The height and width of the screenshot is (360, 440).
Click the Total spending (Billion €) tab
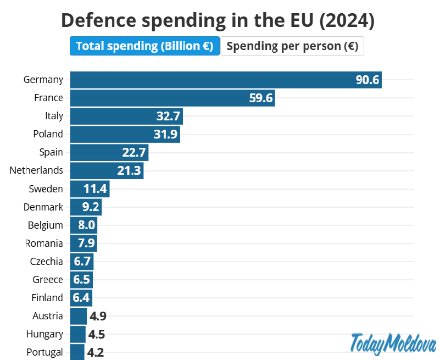pyautogui.click(x=144, y=46)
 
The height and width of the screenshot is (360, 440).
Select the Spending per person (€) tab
pyautogui.click(x=292, y=46)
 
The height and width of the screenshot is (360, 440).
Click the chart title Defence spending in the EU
pyautogui.click(x=218, y=20)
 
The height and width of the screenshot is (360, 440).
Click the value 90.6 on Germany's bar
pyautogui.click(x=367, y=80)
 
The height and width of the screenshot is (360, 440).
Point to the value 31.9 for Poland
pyautogui.click(x=165, y=134)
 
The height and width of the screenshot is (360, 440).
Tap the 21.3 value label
pyautogui.click(x=129, y=170)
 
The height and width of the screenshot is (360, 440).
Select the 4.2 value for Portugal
pyautogui.click(x=96, y=352)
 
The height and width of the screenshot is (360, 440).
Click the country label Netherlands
pyautogui.click(x=36, y=170)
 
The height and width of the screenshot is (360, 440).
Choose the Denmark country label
pyautogui.click(x=43, y=207)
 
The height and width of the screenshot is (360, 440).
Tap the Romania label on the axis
pyautogui.click(x=44, y=243)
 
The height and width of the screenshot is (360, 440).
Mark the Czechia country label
pyautogui.click(x=46, y=262)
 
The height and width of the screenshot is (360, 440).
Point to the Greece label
pyautogui.click(x=48, y=280)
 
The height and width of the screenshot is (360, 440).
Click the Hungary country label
pyautogui.click(x=44, y=334)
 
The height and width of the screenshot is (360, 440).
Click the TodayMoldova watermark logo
pyautogui.click(x=393, y=344)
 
